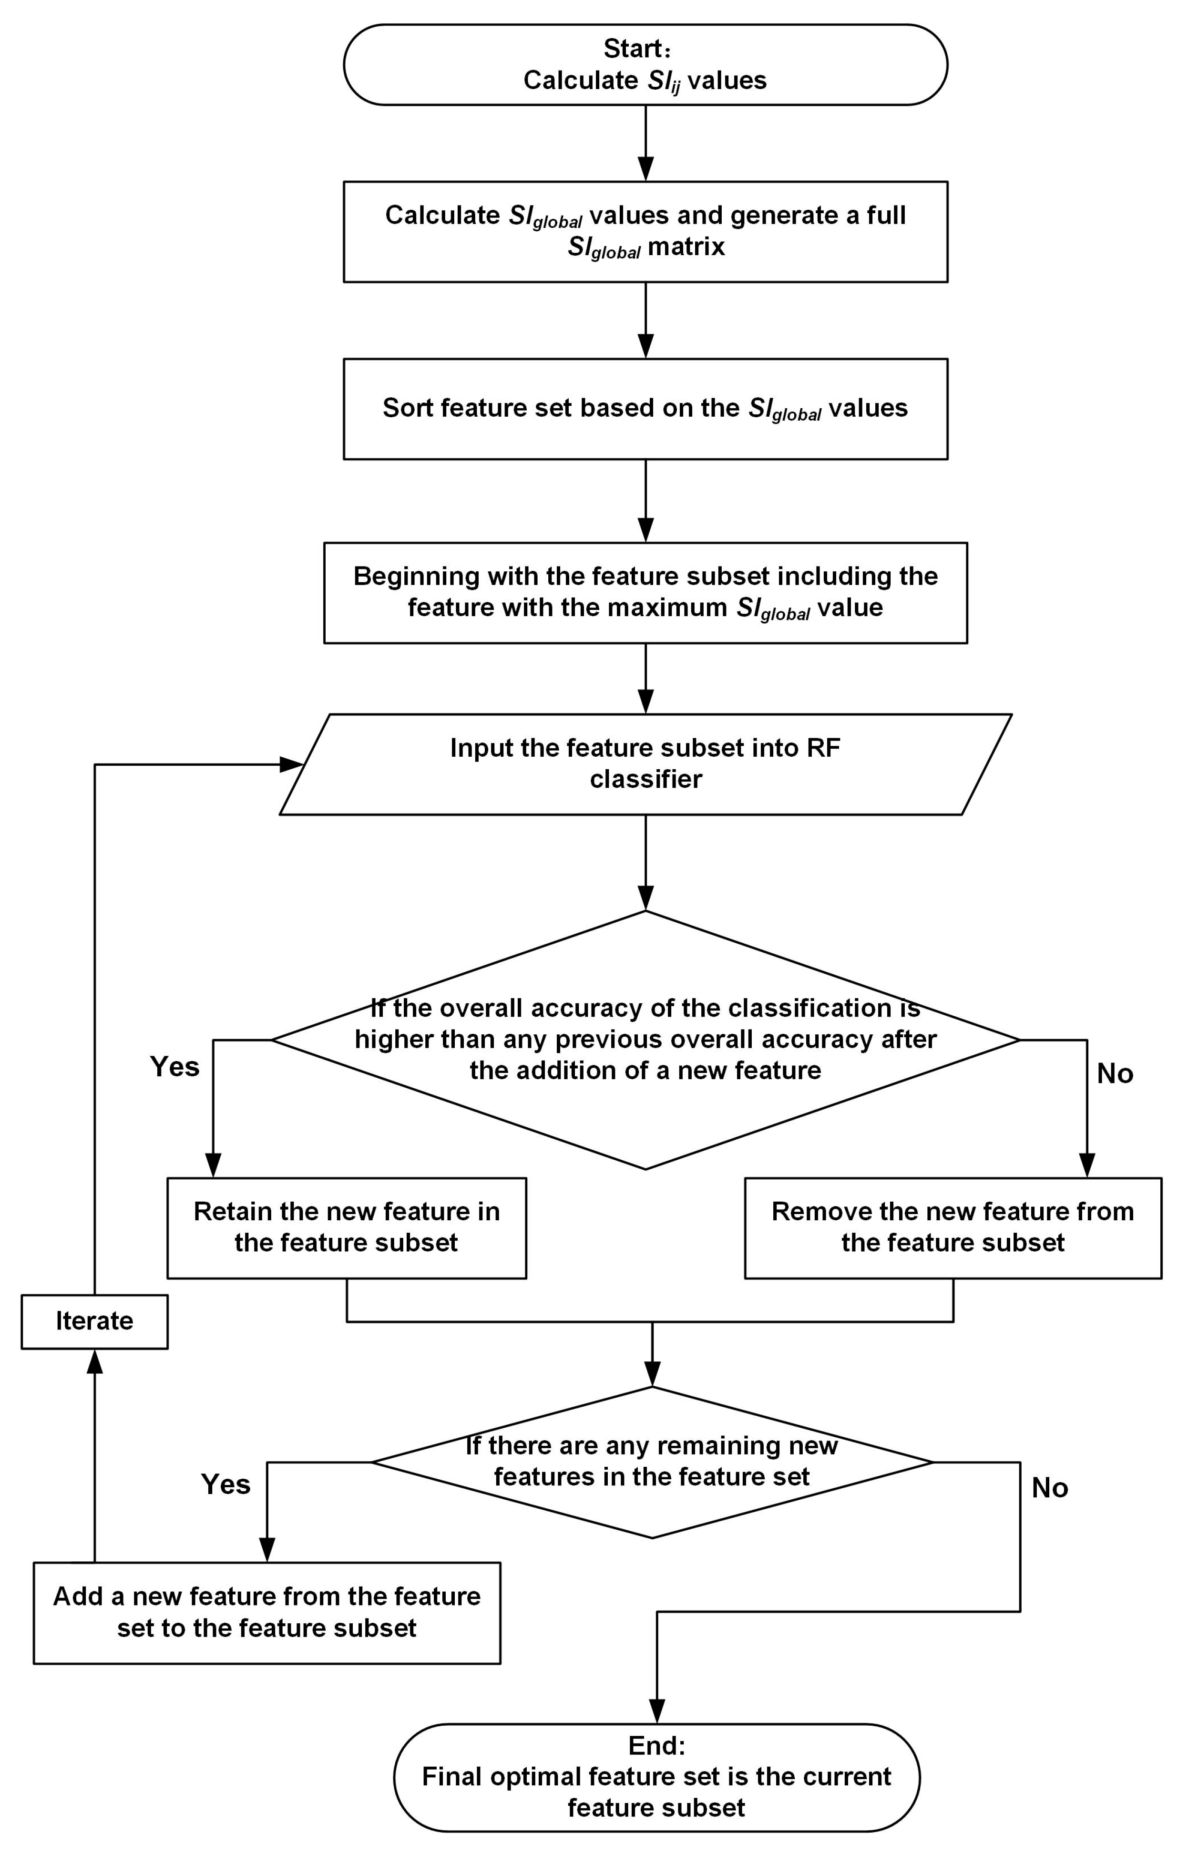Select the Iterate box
[x=94, y=1320]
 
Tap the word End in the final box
[x=655, y=1745]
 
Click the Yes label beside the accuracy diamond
[x=174, y=1066]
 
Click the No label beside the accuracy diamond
[x=1115, y=1073]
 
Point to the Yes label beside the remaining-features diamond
[x=225, y=1484]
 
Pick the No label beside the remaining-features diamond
[x=1050, y=1488]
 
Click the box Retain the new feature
[x=347, y=1227]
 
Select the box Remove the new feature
[x=952, y=1227]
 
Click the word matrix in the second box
[x=686, y=247]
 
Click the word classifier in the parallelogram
[x=645, y=779]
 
